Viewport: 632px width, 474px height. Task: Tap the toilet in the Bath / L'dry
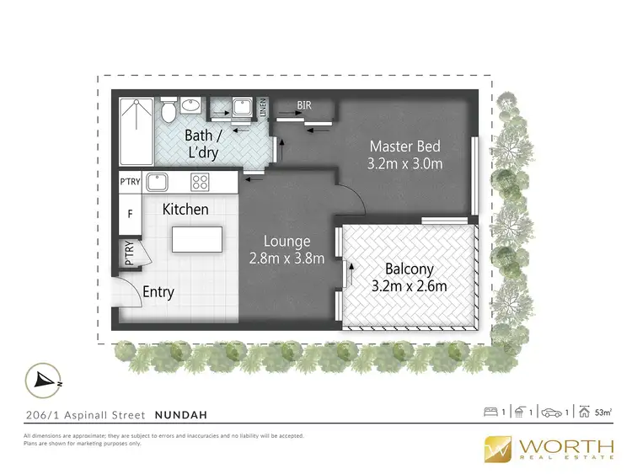169,110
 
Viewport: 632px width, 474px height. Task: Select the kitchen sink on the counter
158,181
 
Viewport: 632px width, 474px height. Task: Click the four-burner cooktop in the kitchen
201,181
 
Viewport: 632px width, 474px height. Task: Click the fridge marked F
130,215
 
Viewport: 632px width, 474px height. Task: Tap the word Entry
158,292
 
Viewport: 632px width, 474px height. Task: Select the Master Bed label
404,146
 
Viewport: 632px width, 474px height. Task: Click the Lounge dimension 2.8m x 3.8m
287,258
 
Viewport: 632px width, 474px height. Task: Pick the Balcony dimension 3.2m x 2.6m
409,286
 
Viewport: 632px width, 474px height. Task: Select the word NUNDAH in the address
181,414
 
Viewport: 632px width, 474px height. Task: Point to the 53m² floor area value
603,413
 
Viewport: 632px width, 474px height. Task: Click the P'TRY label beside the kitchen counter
130,181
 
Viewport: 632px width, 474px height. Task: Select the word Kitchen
185,209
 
